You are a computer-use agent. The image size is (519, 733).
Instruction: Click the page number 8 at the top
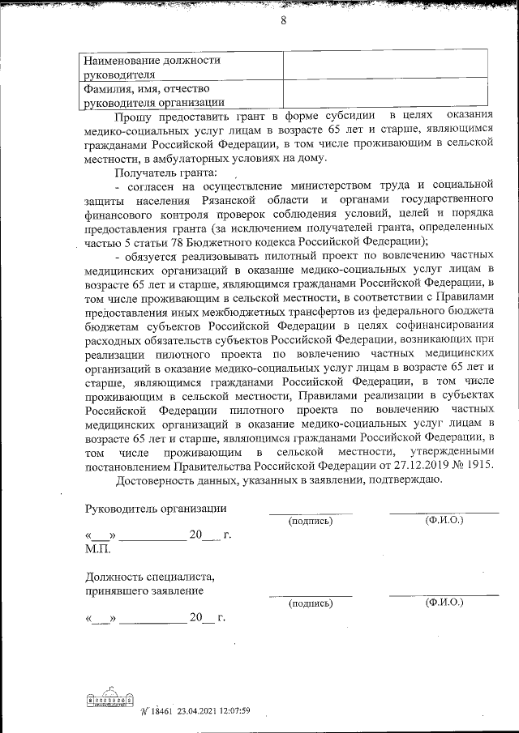point(284,22)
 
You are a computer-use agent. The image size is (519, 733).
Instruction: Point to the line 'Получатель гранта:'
point(165,173)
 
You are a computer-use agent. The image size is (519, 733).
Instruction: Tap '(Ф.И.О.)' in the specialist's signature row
point(444,603)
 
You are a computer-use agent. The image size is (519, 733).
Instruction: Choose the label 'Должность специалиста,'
point(150,577)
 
